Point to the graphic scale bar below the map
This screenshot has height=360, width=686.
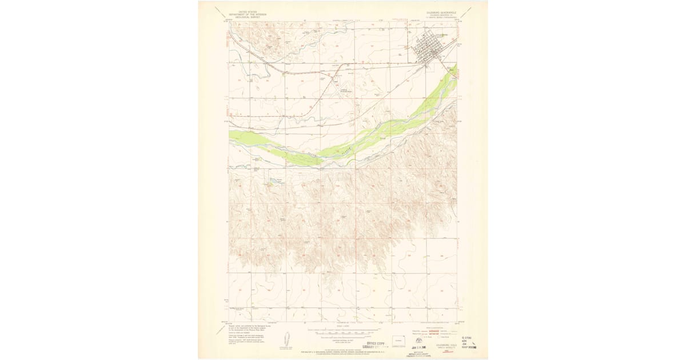343,330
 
